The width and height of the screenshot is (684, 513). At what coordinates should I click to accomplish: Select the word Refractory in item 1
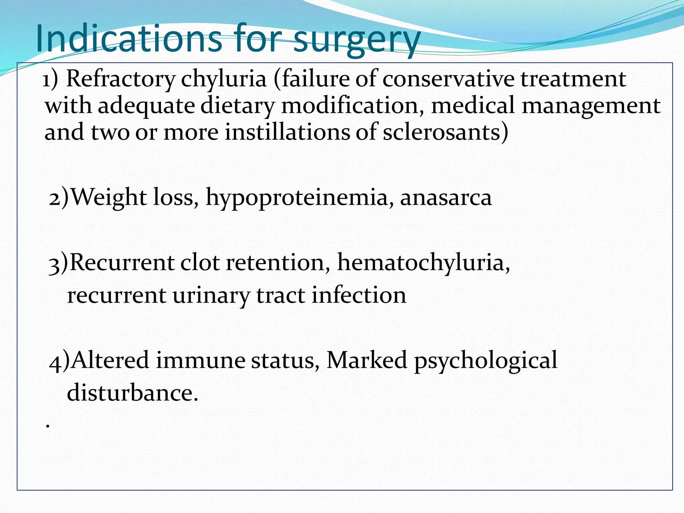(121, 79)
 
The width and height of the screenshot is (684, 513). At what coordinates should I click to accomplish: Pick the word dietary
(237, 106)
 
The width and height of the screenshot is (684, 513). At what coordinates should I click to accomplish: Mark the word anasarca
(446, 198)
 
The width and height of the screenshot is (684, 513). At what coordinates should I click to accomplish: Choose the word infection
(359, 295)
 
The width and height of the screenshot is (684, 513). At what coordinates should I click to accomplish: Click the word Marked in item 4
(367, 360)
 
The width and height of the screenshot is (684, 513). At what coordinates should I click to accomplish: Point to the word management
(591, 106)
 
